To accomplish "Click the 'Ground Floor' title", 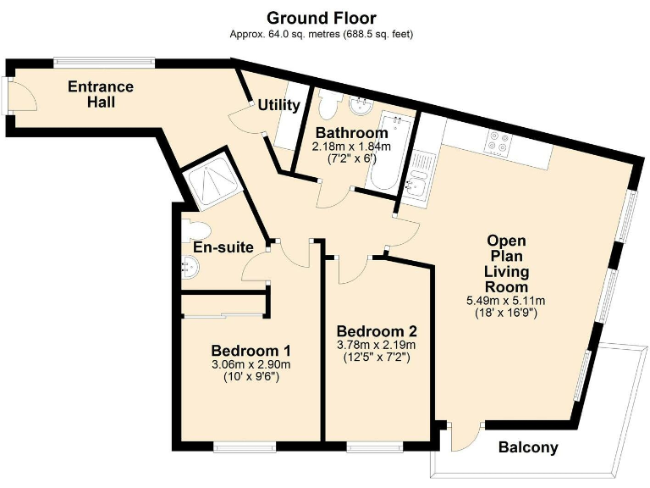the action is (x=322, y=19).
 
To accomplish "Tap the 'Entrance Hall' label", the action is (x=101, y=94).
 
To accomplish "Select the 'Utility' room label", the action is (x=278, y=105).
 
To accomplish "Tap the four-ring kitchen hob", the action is (x=499, y=142).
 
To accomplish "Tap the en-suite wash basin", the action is (x=190, y=267).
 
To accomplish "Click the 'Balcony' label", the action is (x=528, y=447).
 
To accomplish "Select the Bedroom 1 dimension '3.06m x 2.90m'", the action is (x=251, y=365).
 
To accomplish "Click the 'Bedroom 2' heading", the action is (x=377, y=331).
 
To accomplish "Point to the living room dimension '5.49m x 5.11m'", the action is (x=506, y=301).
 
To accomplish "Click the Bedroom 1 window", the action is (x=245, y=446).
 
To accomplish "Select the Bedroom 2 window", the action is (x=374, y=446).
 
